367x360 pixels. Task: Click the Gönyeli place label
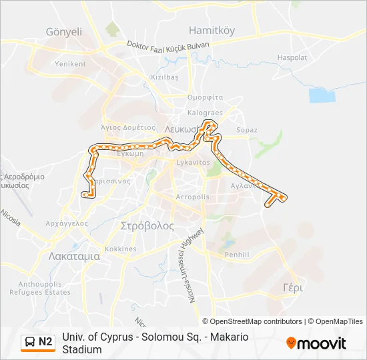point(64,31)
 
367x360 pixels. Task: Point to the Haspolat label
point(292,58)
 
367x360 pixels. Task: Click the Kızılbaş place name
point(164,77)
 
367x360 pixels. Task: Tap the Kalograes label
point(205,113)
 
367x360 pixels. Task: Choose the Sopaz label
point(247,130)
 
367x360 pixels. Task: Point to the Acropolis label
point(192,197)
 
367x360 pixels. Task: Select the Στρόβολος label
point(147,226)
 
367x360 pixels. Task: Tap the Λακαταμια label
point(74,255)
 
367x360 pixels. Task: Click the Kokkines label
point(121,249)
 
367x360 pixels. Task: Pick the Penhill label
point(237,255)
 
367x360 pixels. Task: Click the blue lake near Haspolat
point(321,95)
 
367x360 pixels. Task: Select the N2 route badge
point(38,342)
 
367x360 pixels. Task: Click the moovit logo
point(316,343)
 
